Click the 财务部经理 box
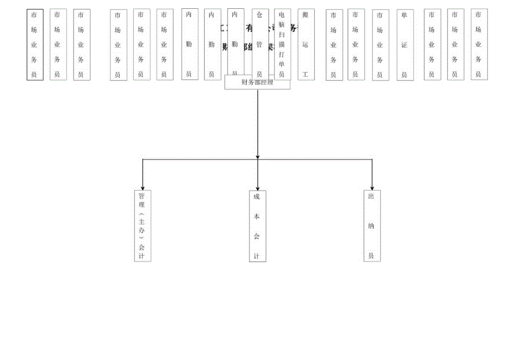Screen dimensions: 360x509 click(257, 82)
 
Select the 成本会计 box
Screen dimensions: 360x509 click(257, 226)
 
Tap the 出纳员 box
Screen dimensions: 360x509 click(372, 226)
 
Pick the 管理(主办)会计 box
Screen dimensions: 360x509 click(142, 226)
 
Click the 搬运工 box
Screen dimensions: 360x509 click(305, 44)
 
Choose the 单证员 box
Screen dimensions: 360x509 click(404, 44)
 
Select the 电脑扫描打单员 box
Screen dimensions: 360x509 click(282, 44)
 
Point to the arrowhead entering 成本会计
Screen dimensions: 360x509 click(257, 189)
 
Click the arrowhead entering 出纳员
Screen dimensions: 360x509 click(372, 188)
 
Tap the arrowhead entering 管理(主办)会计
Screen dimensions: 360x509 click(143, 189)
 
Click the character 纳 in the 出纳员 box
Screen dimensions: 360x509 click(372, 226)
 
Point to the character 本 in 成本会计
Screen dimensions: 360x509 click(257, 216)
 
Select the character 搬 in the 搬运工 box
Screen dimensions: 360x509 click(305, 14)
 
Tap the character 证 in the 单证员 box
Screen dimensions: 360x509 click(404, 45)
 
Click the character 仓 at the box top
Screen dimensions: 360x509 click(258, 14)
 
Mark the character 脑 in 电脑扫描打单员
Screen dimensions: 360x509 click(282, 24)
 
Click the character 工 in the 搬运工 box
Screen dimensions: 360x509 click(305, 73)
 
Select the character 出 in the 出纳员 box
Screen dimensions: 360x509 click(372, 196)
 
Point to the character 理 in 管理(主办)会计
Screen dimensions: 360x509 click(142, 205)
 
